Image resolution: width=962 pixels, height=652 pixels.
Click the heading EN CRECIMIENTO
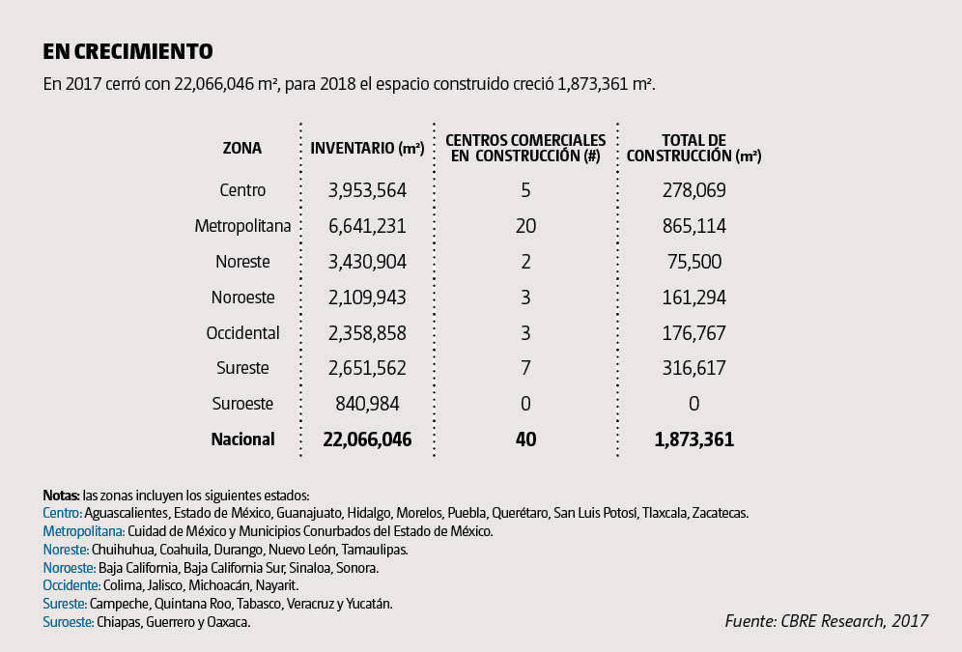127,51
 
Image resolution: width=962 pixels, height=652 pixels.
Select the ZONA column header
242,148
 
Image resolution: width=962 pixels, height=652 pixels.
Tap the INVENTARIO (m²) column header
367,148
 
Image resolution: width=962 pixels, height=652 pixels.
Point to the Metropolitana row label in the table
242,226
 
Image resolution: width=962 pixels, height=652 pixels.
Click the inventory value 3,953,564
367,190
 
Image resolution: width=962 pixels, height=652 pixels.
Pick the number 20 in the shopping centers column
525,226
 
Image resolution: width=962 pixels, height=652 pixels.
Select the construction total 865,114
693,226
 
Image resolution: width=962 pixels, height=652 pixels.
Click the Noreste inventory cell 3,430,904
367,262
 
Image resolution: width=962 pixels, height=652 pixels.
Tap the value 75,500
693,262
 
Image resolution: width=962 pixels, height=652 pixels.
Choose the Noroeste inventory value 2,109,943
367,298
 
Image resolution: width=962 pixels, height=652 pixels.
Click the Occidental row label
242,333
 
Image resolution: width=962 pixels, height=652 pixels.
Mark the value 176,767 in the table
693,333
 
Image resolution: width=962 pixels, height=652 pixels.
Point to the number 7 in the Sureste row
525,368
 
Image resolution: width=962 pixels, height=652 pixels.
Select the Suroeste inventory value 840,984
367,404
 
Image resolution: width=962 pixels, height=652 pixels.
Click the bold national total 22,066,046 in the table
367,439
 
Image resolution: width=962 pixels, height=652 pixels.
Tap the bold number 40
525,439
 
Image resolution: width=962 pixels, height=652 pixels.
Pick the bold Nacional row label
242,439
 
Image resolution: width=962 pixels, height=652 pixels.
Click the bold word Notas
62,496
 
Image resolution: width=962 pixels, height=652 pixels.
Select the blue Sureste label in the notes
65,604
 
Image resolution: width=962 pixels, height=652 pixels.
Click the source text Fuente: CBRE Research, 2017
826,621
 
